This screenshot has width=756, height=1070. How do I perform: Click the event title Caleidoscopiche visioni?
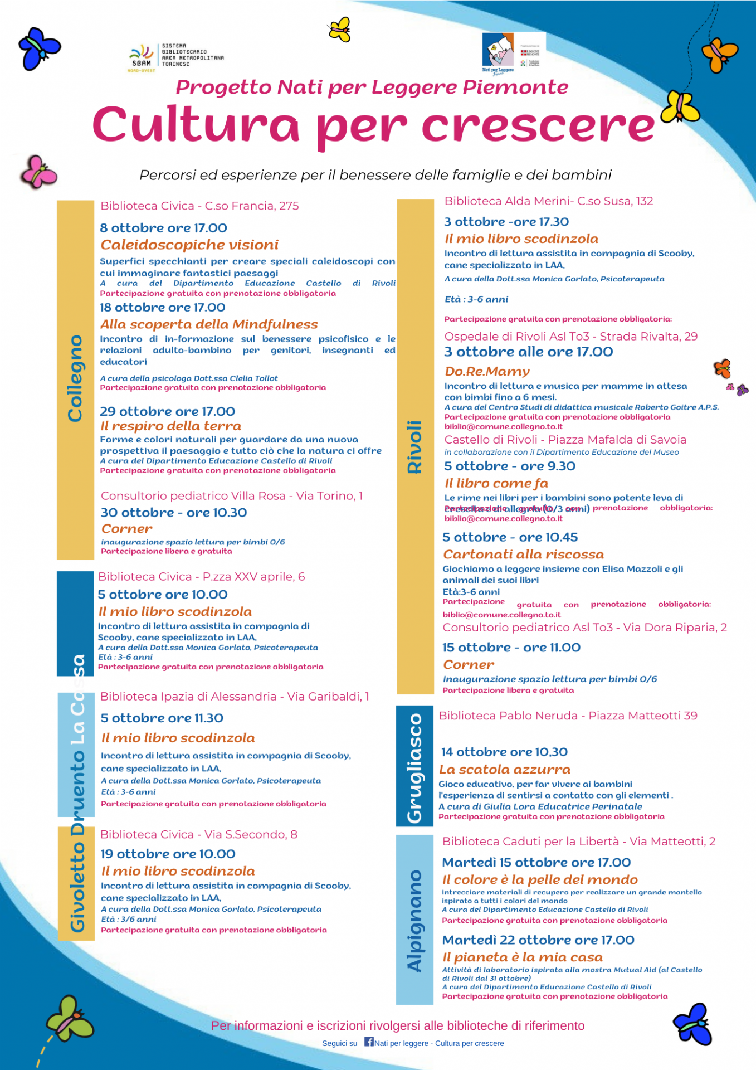point(189,245)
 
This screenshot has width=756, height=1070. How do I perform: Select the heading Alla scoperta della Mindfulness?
point(209,324)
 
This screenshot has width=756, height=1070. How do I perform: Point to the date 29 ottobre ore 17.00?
point(167,411)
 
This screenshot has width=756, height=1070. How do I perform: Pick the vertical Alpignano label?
point(414,920)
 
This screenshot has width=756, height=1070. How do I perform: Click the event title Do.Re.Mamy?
point(487,371)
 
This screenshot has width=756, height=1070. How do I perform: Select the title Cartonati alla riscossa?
point(523,555)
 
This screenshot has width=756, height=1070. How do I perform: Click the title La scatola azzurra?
point(505,770)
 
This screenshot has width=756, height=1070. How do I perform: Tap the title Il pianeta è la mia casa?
point(522,957)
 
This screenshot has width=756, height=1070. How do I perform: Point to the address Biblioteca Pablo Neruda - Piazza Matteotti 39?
point(568,716)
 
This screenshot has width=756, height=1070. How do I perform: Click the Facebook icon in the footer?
point(369,1041)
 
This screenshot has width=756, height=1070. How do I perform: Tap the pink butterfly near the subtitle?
point(38,172)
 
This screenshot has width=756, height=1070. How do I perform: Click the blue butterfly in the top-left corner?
point(39,47)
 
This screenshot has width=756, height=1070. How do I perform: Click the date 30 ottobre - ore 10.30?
point(174,513)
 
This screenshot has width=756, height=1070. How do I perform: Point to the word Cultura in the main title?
point(196,125)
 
